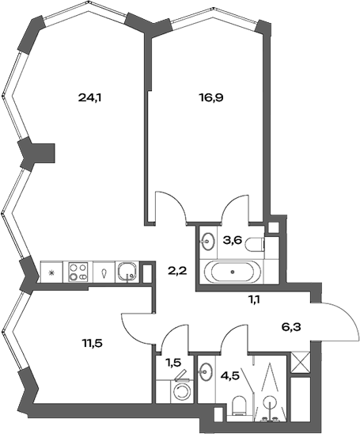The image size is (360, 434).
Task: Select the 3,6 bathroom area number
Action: (x=232, y=240)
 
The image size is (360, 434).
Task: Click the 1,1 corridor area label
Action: (x=255, y=299)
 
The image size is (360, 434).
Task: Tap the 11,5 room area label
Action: (x=93, y=343)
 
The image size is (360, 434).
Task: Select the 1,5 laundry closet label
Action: (x=173, y=363)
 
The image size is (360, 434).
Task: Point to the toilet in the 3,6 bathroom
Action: (x=255, y=245)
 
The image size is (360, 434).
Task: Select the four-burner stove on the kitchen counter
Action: (x=78, y=272)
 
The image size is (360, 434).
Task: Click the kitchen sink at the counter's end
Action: (x=127, y=272)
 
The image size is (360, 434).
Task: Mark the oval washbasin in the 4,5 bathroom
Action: (x=207, y=371)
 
